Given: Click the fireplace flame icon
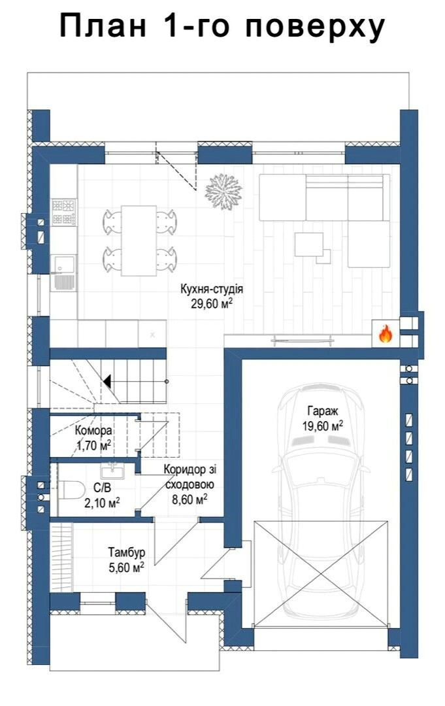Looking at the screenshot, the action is pos(385,333).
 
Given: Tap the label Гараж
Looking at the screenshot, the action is pos(323,411).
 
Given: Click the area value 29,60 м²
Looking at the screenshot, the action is pos(212,304).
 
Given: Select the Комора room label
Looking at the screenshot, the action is pos(93,430).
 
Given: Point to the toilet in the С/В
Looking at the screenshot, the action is pos(72,490).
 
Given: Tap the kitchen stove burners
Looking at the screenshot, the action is pos(63,212).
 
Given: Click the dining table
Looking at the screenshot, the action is pos(139,241).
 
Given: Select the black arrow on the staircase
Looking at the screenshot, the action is pos(108,381).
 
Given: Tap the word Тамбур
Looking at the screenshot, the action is pos(126,552).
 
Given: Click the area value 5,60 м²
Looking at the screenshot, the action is pos(126,567).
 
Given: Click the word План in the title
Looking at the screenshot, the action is pos(103,27).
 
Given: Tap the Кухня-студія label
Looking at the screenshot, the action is pos(212,289).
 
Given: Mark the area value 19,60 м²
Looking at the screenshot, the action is pos(323,426).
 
